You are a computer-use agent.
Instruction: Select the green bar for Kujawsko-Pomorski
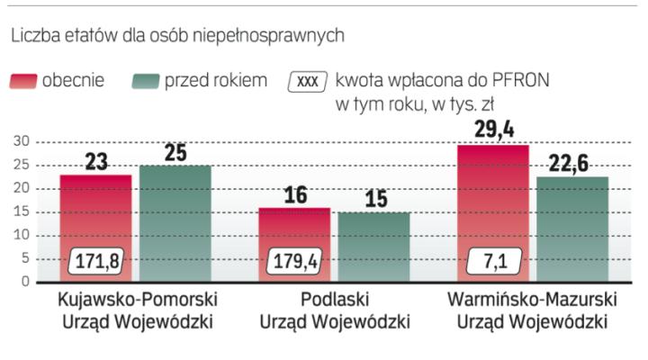click(175, 220)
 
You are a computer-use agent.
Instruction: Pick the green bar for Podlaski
click(373, 247)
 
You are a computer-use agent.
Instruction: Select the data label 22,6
click(571, 163)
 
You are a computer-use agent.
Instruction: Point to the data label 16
click(294, 193)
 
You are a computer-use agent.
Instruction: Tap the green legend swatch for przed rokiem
click(146, 81)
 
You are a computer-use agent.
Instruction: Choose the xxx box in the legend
click(307, 81)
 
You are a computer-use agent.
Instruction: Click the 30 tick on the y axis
click(20, 141)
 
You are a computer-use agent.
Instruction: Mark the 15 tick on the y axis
click(20, 211)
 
